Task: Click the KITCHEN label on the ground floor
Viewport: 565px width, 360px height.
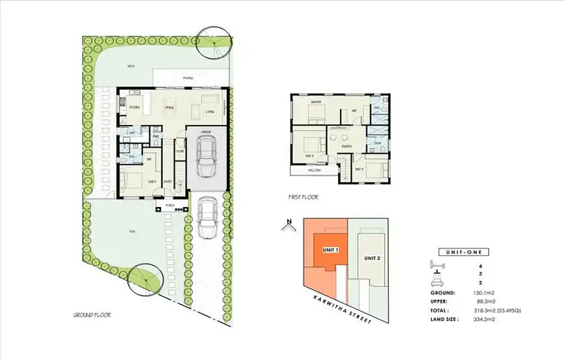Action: click(x=135, y=108)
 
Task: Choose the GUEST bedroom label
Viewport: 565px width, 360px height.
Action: click(x=152, y=182)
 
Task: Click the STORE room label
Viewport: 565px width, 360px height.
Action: click(x=180, y=151)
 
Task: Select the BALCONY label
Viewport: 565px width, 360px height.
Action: click(x=316, y=170)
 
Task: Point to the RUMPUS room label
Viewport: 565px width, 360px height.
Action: click(x=347, y=147)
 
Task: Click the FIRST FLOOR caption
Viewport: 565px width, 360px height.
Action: click(x=304, y=197)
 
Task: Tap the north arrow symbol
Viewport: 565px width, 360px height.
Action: click(x=289, y=224)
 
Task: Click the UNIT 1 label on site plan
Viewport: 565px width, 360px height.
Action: click(x=329, y=249)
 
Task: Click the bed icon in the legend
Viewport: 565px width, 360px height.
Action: click(x=434, y=264)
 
